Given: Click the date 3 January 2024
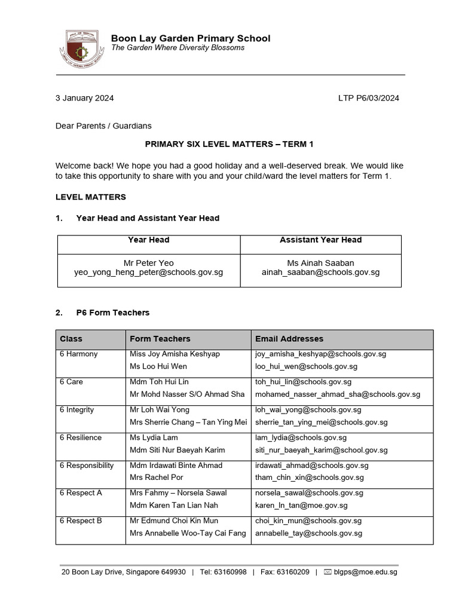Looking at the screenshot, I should click(84, 98).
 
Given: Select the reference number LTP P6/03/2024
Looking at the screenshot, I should click(368, 98).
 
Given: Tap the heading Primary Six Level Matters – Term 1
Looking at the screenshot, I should click(229, 144).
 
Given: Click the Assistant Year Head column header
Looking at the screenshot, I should click(320, 240).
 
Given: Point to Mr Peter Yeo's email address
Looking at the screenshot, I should click(148, 272).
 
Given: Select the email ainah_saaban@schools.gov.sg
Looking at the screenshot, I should click(320, 272).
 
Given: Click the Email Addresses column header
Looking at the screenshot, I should click(289, 339).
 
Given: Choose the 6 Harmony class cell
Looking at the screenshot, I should click(78, 354).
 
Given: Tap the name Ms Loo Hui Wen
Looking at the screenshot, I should click(158, 366).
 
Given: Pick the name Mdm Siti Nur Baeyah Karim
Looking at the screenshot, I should click(178, 449).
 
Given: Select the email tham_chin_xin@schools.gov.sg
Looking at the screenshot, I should click(309, 478).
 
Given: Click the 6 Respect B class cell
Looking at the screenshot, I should click(81, 521).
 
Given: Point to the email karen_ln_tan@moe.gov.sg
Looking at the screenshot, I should click(300, 505).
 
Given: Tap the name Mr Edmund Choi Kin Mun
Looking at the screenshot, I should click(174, 521).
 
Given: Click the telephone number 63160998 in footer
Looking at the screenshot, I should click(231, 572).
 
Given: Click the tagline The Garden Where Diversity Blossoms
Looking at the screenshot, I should click(178, 48).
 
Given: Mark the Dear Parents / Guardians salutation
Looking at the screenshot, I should click(103, 126).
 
